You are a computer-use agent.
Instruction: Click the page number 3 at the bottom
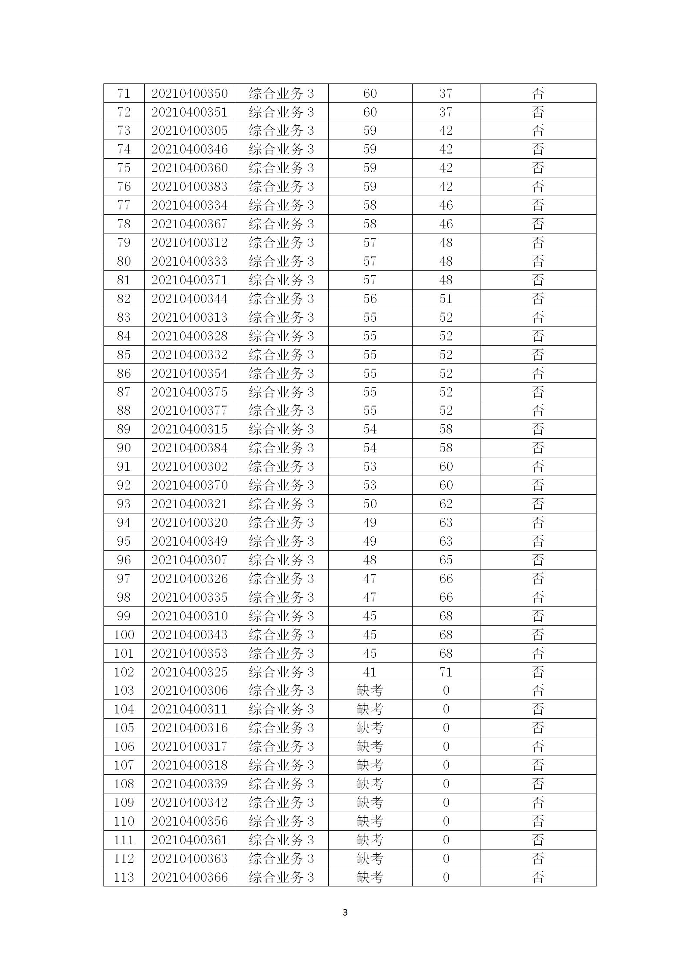pyautogui.click(x=345, y=912)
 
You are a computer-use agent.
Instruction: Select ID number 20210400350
pyautogui.click(x=190, y=93)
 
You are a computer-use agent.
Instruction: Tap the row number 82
pyautogui.click(x=123, y=299)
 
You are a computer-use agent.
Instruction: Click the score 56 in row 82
pyautogui.click(x=370, y=299)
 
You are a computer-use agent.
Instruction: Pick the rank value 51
pyautogui.click(x=446, y=299)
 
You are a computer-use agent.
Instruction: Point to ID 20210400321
pyautogui.click(x=190, y=504)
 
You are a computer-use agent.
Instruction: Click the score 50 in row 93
pyautogui.click(x=370, y=504)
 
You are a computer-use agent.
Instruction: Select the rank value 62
pyautogui.click(x=446, y=504)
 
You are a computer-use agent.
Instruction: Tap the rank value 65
pyautogui.click(x=446, y=560)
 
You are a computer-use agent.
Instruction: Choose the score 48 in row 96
pyautogui.click(x=370, y=560)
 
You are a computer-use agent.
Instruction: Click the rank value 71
pyautogui.click(x=446, y=672)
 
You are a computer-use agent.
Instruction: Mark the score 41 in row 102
pyautogui.click(x=370, y=672)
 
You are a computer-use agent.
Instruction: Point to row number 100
pyautogui.click(x=123, y=635)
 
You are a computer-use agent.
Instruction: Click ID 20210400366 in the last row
pyautogui.click(x=190, y=877)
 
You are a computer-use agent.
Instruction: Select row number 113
pyautogui.click(x=123, y=877)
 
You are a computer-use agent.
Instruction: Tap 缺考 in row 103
pyautogui.click(x=370, y=690)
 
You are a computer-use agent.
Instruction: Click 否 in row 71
pyautogui.click(x=538, y=93)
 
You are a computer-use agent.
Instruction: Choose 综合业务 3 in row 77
pyautogui.click(x=281, y=205)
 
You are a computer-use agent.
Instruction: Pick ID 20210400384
pyautogui.click(x=190, y=448)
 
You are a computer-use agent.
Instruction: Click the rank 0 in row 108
pyautogui.click(x=446, y=784)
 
